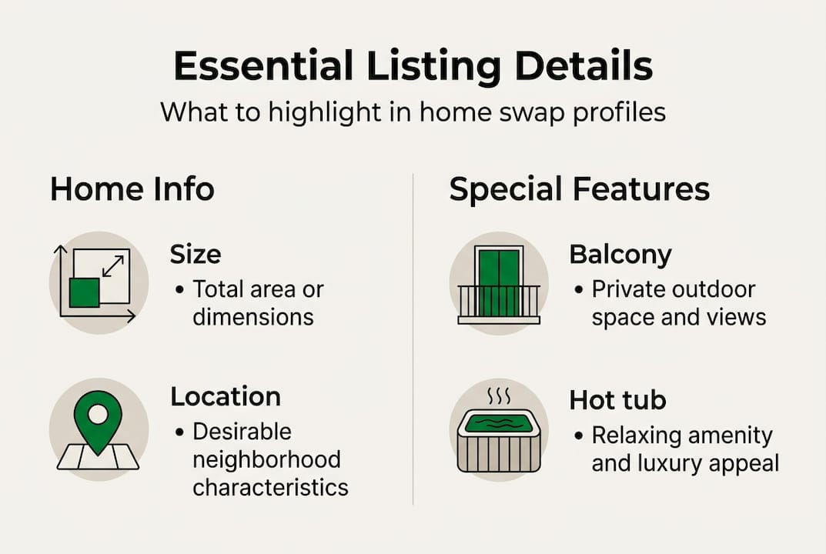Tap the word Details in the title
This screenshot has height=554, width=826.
coord(584,66)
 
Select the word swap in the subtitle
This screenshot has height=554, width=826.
coord(528,112)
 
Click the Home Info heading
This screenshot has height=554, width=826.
coord(132,189)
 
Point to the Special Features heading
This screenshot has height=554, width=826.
coord(580,189)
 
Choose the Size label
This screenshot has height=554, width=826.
coord(196,255)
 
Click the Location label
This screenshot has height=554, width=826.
coord(226,396)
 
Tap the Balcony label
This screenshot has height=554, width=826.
coord(620,255)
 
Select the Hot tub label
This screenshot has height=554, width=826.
coord(618,399)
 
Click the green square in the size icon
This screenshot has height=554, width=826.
coord(84,293)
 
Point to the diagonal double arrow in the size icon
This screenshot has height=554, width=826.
coord(112,266)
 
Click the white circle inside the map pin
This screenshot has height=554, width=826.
coord(98,414)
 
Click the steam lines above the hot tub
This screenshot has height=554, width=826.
coord(499,396)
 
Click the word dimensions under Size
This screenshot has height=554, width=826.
coord(253,317)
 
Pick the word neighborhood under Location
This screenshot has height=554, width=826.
coord(266,459)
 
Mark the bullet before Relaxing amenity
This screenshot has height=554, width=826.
coord(579,436)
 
